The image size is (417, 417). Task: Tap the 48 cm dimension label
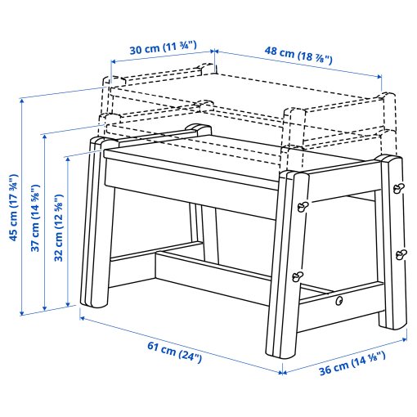click(x=297, y=51)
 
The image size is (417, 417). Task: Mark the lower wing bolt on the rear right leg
click(x=401, y=253)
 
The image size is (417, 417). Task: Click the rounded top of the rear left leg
click(x=196, y=128)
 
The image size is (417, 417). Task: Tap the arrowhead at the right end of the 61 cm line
click(x=280, y=373)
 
